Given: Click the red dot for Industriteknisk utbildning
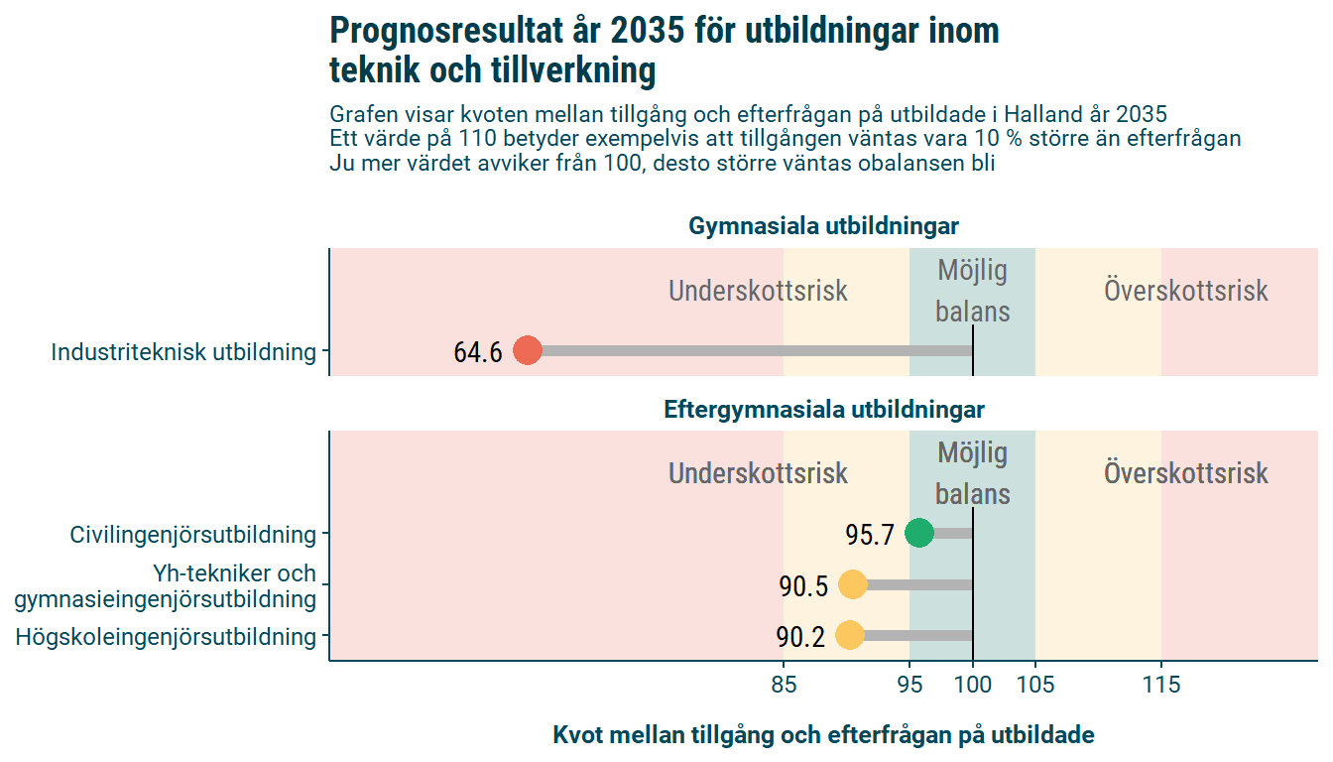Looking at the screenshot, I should (527, 351).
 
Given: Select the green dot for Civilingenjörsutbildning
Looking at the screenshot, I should (919, 534).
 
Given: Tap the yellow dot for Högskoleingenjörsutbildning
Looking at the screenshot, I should (850, 636).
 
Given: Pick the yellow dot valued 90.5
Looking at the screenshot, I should (852, 585).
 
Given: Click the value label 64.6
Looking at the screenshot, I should (478, 352).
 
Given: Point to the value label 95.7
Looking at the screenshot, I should (870, 536).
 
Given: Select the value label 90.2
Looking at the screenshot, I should (800, 637).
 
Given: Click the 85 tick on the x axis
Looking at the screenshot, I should (784, 685).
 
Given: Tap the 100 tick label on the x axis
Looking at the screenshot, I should (973, 685).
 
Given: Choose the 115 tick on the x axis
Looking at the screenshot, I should (1161, 685).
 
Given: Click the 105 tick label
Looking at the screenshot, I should (1035, 685).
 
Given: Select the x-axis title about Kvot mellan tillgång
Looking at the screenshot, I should (823, 735).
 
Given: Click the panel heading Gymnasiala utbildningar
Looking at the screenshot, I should (823, 227).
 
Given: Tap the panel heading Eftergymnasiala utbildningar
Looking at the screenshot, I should (823, 410).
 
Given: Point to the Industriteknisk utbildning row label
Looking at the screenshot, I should (183, 352).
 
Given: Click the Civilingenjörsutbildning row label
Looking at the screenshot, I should (192, 535).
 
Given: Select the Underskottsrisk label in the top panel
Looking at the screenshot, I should (758, 292).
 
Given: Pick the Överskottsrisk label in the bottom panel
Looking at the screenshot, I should (1185, 473).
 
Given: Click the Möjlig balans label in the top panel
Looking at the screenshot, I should (972, 291).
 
